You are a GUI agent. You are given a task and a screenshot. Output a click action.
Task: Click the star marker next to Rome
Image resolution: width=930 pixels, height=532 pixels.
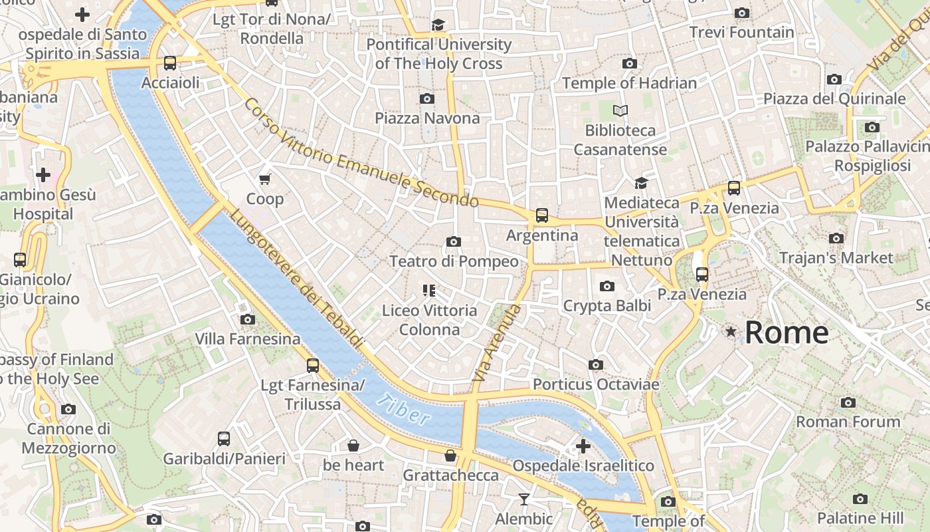(x=731, y=331)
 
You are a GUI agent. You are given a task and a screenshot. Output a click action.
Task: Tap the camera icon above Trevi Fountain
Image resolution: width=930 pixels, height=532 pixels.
(x=742, y=13)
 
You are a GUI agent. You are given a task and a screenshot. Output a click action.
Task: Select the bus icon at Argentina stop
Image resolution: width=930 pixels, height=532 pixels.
(x=542, y=215)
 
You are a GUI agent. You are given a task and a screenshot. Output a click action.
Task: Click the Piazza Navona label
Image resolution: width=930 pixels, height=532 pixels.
(x=427, y=118)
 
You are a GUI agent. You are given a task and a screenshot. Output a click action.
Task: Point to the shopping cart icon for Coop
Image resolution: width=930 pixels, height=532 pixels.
(x=265, y=179)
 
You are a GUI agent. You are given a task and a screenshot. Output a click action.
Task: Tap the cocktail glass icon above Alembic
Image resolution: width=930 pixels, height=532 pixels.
(x=524, y=499)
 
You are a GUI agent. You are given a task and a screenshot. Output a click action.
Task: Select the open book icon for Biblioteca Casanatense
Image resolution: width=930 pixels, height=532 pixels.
(x=620, y=110)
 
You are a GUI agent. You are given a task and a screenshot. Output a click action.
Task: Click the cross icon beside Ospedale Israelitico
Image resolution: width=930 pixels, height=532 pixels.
(x=583, y=446)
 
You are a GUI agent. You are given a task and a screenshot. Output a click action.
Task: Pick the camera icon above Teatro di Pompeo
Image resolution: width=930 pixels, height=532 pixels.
(x=454, y=241)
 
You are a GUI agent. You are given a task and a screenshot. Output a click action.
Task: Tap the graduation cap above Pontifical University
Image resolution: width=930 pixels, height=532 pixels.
(x=438, y=25)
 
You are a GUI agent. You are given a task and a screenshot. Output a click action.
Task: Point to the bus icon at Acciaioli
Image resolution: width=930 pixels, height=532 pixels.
(x=170, y=63)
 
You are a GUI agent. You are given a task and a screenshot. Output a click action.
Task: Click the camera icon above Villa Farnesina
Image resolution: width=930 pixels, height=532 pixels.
(x=248, y=319)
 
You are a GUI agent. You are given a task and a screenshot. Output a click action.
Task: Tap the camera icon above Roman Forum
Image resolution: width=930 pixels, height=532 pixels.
(x=848, y=402)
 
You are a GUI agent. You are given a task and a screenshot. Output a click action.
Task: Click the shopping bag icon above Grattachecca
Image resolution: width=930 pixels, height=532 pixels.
(x=450, y=456)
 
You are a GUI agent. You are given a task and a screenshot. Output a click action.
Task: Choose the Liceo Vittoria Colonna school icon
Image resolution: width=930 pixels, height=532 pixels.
(x=428, y=290)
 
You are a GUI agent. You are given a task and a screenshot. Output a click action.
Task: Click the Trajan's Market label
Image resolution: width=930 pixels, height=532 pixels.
(x=836, y=257)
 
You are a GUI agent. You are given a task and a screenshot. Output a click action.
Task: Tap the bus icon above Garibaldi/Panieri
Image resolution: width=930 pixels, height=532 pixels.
(x=224, y=439)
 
